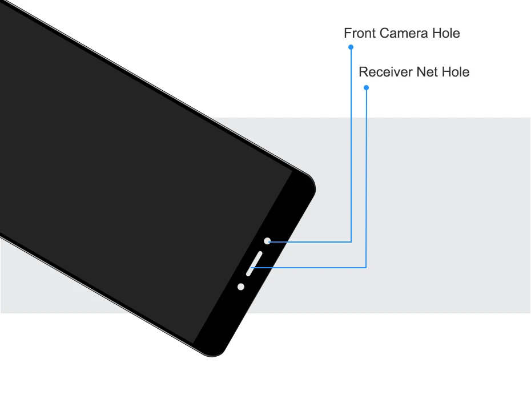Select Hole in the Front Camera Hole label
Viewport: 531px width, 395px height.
[x=446, y=34]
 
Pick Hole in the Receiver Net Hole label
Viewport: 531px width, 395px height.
[x=456, y=72]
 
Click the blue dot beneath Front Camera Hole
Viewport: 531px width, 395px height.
[x=351, y=47]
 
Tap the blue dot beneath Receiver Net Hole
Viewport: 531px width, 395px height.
[x=366, y=87]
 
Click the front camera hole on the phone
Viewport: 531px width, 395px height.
[x=267, y=241]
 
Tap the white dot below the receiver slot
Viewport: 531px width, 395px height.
[x=241, y=287]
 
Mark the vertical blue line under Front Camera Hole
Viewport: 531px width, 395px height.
[x=351, y=143]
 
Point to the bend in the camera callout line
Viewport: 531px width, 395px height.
[x=351, y=241]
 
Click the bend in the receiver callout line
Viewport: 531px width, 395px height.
[x=366, y=267]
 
